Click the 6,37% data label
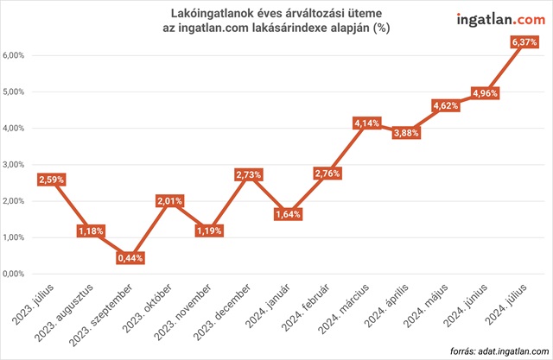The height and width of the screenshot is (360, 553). click(523, 41)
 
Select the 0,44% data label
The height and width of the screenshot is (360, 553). click(130, 258)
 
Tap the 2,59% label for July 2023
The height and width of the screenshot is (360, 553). click(52, 180)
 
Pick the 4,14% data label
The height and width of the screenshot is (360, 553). click(366, 123)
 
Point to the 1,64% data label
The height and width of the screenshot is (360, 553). click(288, 214)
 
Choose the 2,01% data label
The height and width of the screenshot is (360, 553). click(169, 201)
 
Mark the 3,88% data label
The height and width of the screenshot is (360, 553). click(406, 133)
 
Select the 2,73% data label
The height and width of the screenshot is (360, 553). click(248, 174)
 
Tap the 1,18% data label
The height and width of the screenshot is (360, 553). click(91, 231)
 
